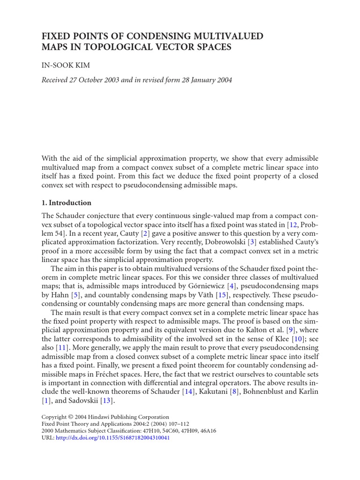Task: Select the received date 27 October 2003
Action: click(101, 80)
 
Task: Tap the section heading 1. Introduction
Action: click(67, 203)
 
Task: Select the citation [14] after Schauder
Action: click(188, 392)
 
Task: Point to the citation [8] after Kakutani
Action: click(232, 392)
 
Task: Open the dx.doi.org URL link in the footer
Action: click(112, 438)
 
